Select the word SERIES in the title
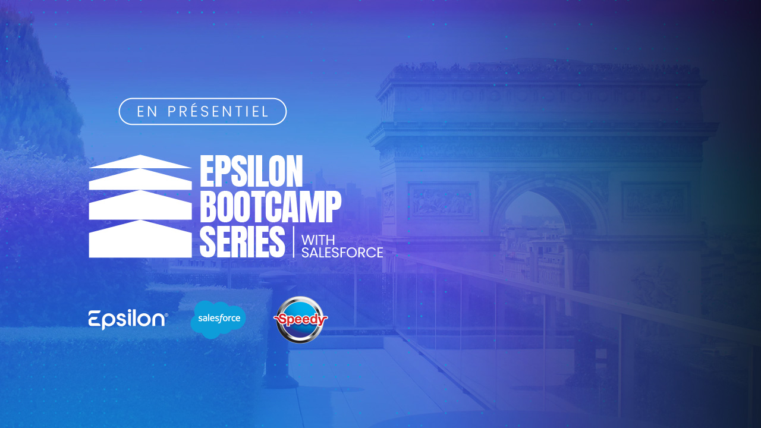coord(242,242)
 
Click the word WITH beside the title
coord(318,240)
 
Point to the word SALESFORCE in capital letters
coord(342,253)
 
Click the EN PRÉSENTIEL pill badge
coord(203,111)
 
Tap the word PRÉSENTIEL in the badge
coord(218,111)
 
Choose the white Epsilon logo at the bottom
coord(128,320)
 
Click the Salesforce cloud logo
coord(218,319)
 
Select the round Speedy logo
coord(300,320)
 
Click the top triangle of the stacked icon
coord(140,162)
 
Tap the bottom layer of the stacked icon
coord(140,239)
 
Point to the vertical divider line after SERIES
coord(294,242)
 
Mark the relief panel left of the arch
coord(443,201)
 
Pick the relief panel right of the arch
coord(656,201)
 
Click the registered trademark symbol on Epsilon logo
coord(166,315)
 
